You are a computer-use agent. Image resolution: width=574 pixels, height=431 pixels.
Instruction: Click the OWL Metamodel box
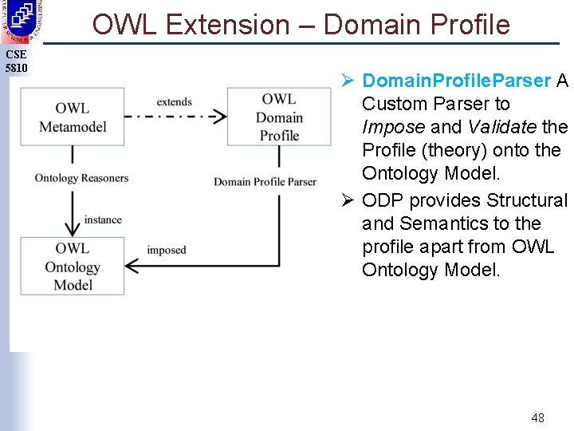(x=73, y=117)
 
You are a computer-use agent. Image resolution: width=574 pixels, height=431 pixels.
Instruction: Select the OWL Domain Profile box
(x=279, y=117)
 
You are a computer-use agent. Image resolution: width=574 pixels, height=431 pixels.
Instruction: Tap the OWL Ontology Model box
(x=73, y=267)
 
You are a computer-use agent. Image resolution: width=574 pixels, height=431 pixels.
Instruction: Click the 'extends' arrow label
(x=174, y=101)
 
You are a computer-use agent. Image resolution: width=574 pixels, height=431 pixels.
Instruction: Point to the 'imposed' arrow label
(x=166, y=250)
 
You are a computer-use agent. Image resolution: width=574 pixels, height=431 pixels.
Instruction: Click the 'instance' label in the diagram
(x=103, y=219)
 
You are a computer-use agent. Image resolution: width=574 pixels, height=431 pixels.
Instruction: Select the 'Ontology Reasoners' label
(x=81, y=178)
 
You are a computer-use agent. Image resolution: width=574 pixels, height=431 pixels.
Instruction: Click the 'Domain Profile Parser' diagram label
(x=265, y=182)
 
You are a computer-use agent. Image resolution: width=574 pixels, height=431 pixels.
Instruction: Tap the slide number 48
(x=537, y=417)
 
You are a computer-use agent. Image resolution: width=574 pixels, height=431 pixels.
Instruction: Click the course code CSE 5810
(x=16, y=61)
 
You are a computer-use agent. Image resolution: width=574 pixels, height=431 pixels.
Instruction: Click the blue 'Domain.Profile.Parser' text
(x=456, y=81)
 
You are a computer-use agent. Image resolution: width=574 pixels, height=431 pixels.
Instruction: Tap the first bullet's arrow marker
(x=348, y=81)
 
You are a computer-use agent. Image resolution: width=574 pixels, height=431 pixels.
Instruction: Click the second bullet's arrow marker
(x=348, y=200)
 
